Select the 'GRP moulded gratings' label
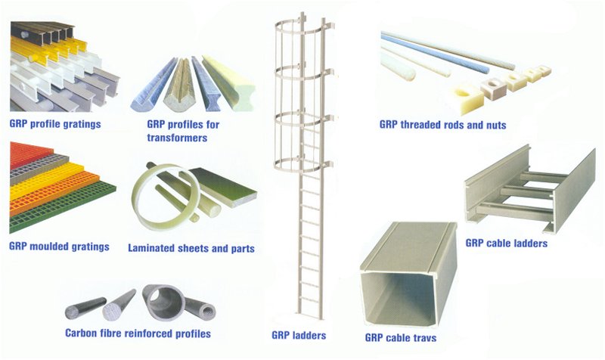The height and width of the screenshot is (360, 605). click(59, 247)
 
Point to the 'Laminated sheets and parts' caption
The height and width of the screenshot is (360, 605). click(191, 248)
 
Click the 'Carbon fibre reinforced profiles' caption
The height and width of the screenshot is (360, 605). click(138, 333)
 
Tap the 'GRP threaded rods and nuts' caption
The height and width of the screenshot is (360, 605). click(443, 125)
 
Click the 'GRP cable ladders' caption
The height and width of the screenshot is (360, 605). click(506, 244)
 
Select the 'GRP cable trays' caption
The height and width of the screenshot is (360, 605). click(400, 337)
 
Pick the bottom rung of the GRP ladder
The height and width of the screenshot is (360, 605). click(309, 299)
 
